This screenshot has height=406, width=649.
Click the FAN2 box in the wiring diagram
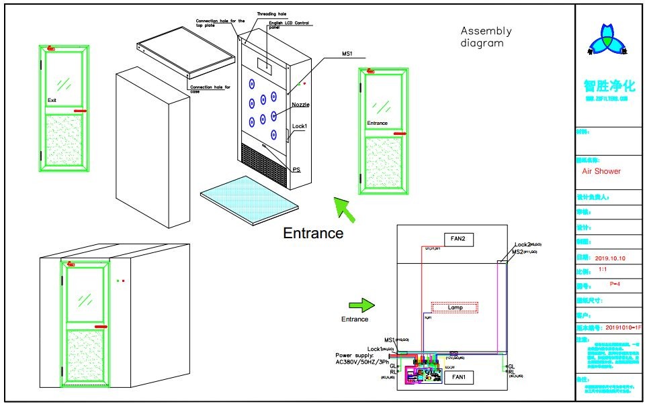pyautogui.click(x=460, y=238)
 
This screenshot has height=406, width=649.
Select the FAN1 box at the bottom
pyautogui.click(x=460, y=378)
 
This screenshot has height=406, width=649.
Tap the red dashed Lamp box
pyautogui.click(x=455, y=307)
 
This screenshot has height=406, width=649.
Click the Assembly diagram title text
pyautogui.click(x=486, y=37)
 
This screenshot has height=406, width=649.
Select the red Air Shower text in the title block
pyautogui.click(x=601, y=171)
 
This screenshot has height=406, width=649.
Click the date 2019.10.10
pyautogui.click(x=610, y=258)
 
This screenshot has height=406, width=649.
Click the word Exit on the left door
pyautogui.click(x=52, y=100)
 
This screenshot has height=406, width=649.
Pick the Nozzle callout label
pyautogui.click(x=300, y=105)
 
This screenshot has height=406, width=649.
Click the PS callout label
pyautogui.click(x=296, y=169)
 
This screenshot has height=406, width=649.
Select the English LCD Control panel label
pyautogui.click(x=282, y=25)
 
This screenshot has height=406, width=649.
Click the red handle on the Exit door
pyautogui.click(x=80, y=111)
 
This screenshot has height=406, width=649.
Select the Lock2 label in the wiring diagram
pyautogui.click(x=524, y=245)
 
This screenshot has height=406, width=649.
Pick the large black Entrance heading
pyautogui.click(x=313, y=234)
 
